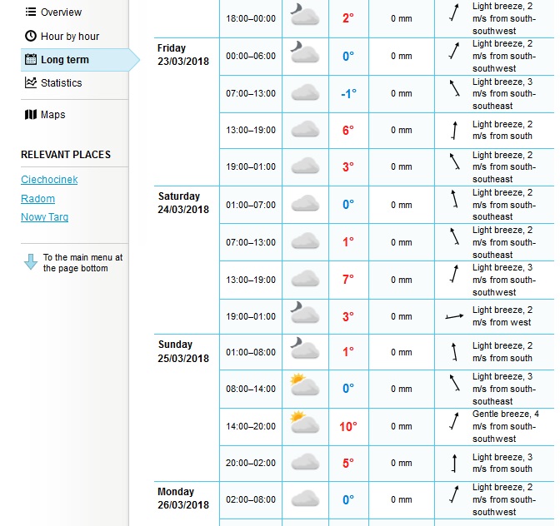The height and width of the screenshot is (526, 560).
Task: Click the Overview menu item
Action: (x=61, y=12)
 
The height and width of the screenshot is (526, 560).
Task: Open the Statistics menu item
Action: (x=61, y=83)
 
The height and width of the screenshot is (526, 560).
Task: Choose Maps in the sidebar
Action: (x=52, y=115)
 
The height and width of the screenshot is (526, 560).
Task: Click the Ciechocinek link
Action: (x=49, y=180)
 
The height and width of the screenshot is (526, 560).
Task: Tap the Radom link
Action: (x=37, y=199)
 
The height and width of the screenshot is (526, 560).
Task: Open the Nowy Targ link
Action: (x=44, y=217)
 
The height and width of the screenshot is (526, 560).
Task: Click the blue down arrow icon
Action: (x=31, y=261)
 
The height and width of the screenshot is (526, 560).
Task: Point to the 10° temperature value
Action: (x=347, y=426)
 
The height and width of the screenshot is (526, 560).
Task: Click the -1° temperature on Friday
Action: (x=347, y=93)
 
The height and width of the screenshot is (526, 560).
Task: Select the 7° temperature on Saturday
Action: (x=347, y=280)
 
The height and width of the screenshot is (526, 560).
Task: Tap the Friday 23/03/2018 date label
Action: (x=183, y=55)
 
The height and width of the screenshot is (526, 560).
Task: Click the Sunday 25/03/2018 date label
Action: (x=183, y=351)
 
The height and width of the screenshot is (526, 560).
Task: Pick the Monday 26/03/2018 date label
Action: (x=183, y=499)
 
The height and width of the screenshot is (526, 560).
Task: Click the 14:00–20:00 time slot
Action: (x=250, y=426)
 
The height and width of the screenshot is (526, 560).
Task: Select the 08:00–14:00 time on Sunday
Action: (x=250, y=389)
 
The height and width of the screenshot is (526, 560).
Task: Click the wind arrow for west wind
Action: (x=453, y=316)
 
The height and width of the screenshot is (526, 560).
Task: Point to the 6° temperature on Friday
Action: (x=347, y=130)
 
